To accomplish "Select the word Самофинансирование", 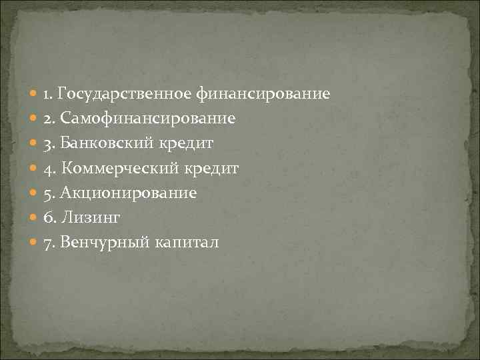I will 148,119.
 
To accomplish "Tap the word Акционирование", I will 129,193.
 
